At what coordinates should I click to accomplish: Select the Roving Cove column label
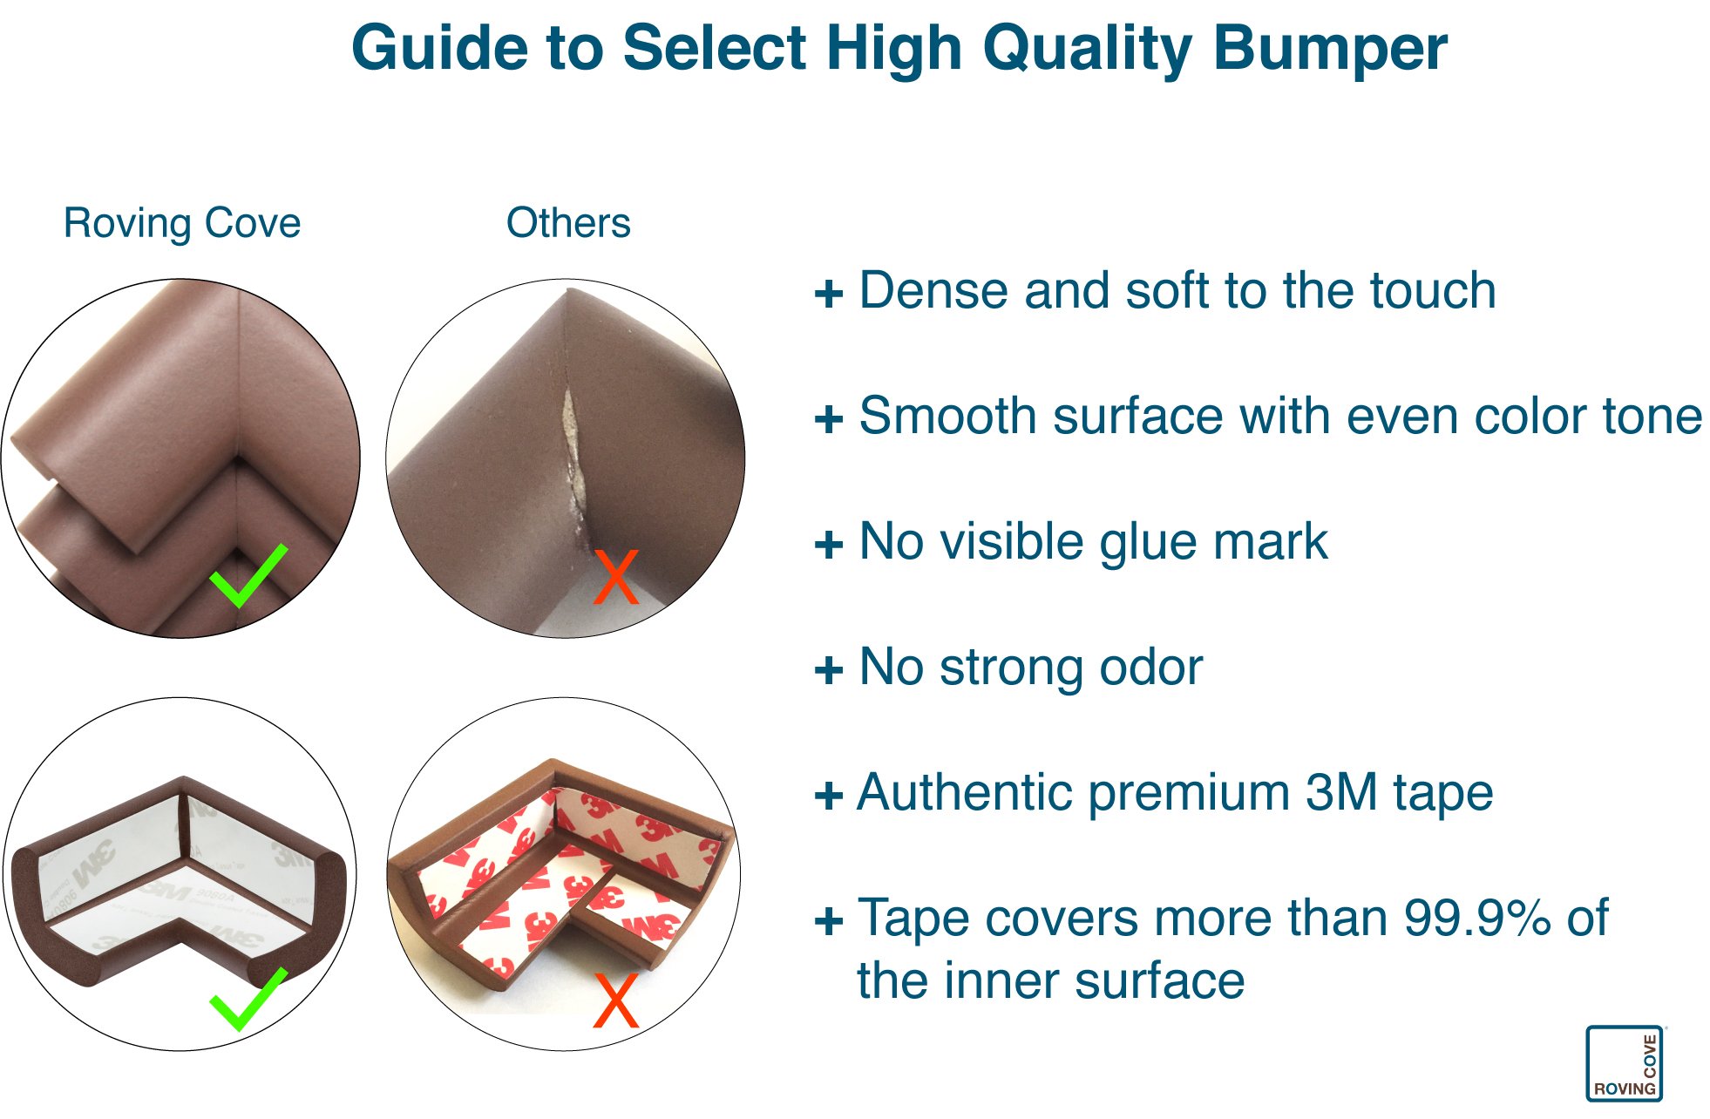coord(182,223)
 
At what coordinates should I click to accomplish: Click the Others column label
coord(568,223)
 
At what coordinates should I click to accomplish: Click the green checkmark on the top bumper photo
coord(248,575)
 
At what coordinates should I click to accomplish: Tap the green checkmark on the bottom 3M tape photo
coord(248,998)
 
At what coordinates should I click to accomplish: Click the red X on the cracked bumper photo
coord(615,577)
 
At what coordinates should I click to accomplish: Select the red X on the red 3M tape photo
coord(615,1000)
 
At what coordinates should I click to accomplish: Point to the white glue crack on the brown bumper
coord(572,453)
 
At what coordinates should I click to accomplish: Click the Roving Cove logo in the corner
coord(1625,1063)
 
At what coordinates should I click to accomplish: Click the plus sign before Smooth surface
coord(829,419)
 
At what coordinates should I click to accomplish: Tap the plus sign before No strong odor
coord(829,670)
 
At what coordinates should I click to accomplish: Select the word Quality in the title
coord(1088,48)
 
